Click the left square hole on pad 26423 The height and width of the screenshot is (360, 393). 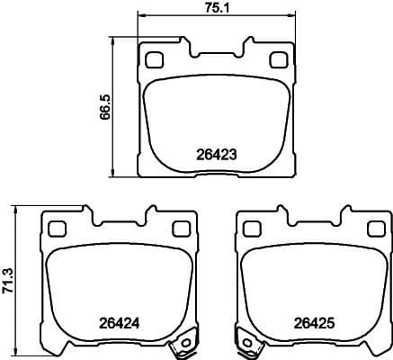(x=153, y=60)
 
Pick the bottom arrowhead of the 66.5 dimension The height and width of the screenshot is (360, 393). (x=114, y=175)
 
